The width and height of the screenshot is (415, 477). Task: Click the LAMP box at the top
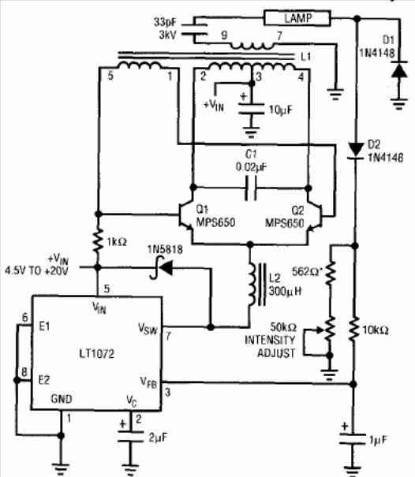[297, 18]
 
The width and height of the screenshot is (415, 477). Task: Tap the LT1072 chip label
[97, 354]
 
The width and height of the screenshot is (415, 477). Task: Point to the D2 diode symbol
[356, 151]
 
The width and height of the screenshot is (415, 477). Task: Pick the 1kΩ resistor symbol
[98, 241]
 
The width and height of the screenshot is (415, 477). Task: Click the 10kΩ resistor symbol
[353, 330]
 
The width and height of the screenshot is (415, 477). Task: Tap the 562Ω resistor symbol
[331, 273]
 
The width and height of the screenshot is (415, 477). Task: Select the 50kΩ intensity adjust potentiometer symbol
[329, 330]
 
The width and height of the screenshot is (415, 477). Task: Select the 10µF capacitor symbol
[251, 109]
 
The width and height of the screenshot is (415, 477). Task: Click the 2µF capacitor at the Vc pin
[131, 436]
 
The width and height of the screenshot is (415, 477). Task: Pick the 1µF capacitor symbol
[353, 439]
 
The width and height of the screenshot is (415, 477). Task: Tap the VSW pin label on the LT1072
[148, 329]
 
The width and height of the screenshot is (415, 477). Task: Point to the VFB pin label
[148, 382]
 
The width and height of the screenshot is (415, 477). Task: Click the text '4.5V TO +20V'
[36, 270]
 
